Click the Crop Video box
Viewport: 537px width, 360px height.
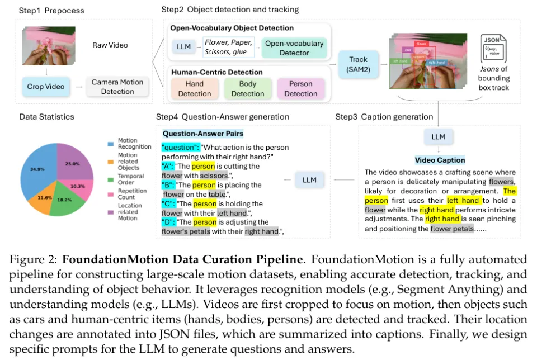point(46,87)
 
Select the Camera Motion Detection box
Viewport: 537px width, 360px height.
point(117,87)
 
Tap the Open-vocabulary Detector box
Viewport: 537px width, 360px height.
point(294,48)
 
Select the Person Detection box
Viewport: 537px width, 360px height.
point(301,89)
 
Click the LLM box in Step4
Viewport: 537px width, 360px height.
point(309,179)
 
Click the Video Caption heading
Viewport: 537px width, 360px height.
point(440,160)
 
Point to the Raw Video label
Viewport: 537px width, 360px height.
point(110,45)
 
